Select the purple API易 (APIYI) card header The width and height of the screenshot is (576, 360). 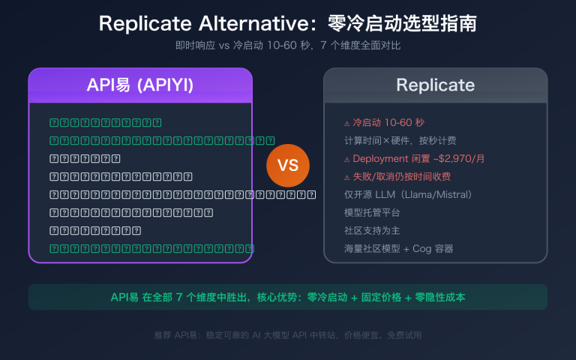tap(140, 85)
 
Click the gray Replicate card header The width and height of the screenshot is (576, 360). tap(435, 85)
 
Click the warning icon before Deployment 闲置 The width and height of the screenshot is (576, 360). tap(346, 159)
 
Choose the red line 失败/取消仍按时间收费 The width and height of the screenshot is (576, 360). tap(402, 177)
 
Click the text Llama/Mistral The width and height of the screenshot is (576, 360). tap(435, 195)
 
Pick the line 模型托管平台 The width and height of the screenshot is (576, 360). tap(367, 213)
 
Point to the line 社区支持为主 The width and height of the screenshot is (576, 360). tap(367, 231)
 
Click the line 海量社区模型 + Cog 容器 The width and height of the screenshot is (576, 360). tap(398, 249)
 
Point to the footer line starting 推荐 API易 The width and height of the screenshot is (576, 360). tap(288, 335)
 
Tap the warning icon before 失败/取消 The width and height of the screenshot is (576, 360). tap(346, 178)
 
